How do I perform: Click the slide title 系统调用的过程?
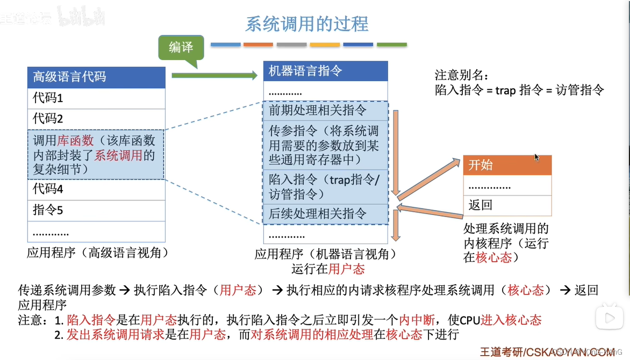tap(307, 24)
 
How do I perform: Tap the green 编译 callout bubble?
tap(181, 47)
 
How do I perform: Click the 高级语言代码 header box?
tap(96, 77)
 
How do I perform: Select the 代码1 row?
tap(96, 98)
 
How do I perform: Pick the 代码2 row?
tap(96, 118)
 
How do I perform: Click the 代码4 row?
tap(96, 189)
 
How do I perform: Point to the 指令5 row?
tap(96, 210)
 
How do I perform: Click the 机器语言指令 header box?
tap(325, 71)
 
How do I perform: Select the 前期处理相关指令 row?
tap(325, 111)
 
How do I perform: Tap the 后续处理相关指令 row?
tap(325, 214)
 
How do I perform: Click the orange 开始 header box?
tap(507, 165)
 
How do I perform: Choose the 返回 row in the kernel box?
tap(507, 205)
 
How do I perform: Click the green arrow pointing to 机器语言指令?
tap(214, 75)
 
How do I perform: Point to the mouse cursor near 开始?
tap(536, 157)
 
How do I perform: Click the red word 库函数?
tap(76, 141)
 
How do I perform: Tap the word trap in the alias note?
tap(505, 90)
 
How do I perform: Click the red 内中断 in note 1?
tap(413, 320)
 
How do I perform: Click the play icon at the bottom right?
tap(610, 318)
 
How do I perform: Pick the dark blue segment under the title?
tap(358, 44)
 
